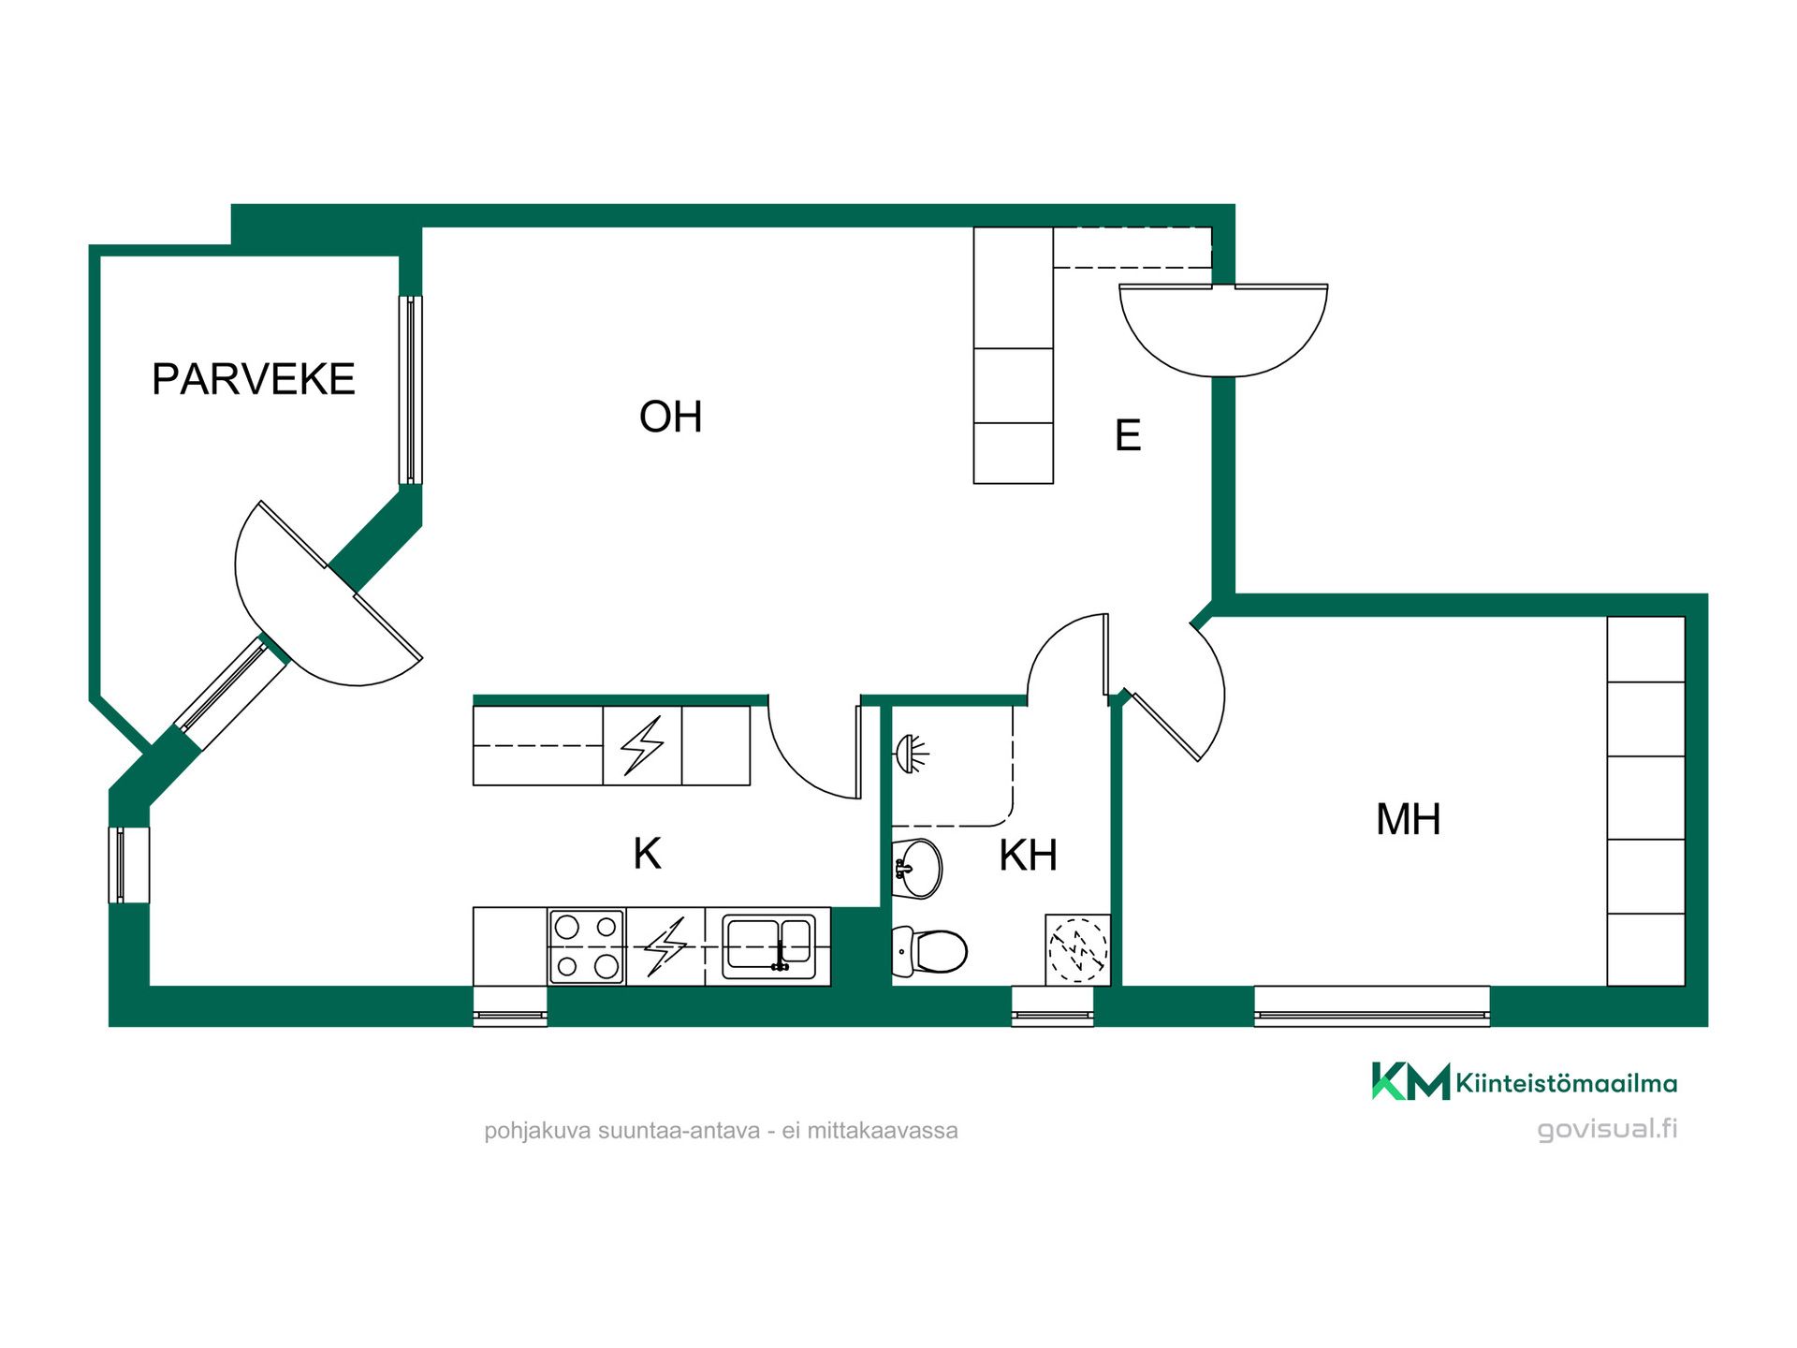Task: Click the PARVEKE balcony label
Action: tap(254, 379)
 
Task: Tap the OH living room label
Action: tap(670, 417)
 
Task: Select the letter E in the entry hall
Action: tap(1128, 435)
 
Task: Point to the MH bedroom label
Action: tap(1408, 819)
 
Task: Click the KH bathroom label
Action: tap(1028, 855)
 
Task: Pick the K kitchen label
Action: tap(647, 854)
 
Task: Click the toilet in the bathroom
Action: tap(929, 951)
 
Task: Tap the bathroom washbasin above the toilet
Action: tap(917, 869)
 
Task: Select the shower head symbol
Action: tap(912, 754)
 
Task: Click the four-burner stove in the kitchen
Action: tap(587, 946)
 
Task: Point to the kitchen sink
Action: tap(768, 946)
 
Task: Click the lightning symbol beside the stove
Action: tap(665, 946)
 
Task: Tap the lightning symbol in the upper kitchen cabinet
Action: tap(642, 745)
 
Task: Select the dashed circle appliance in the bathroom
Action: tap(1077, 950)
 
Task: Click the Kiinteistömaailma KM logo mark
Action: tap(1410, 1081)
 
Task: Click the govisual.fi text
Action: tap(1607, 1129)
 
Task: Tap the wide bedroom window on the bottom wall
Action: tap(1372, 1006)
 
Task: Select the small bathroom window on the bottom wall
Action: tap(1053, 1006)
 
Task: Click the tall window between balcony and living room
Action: tap(411, 389)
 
